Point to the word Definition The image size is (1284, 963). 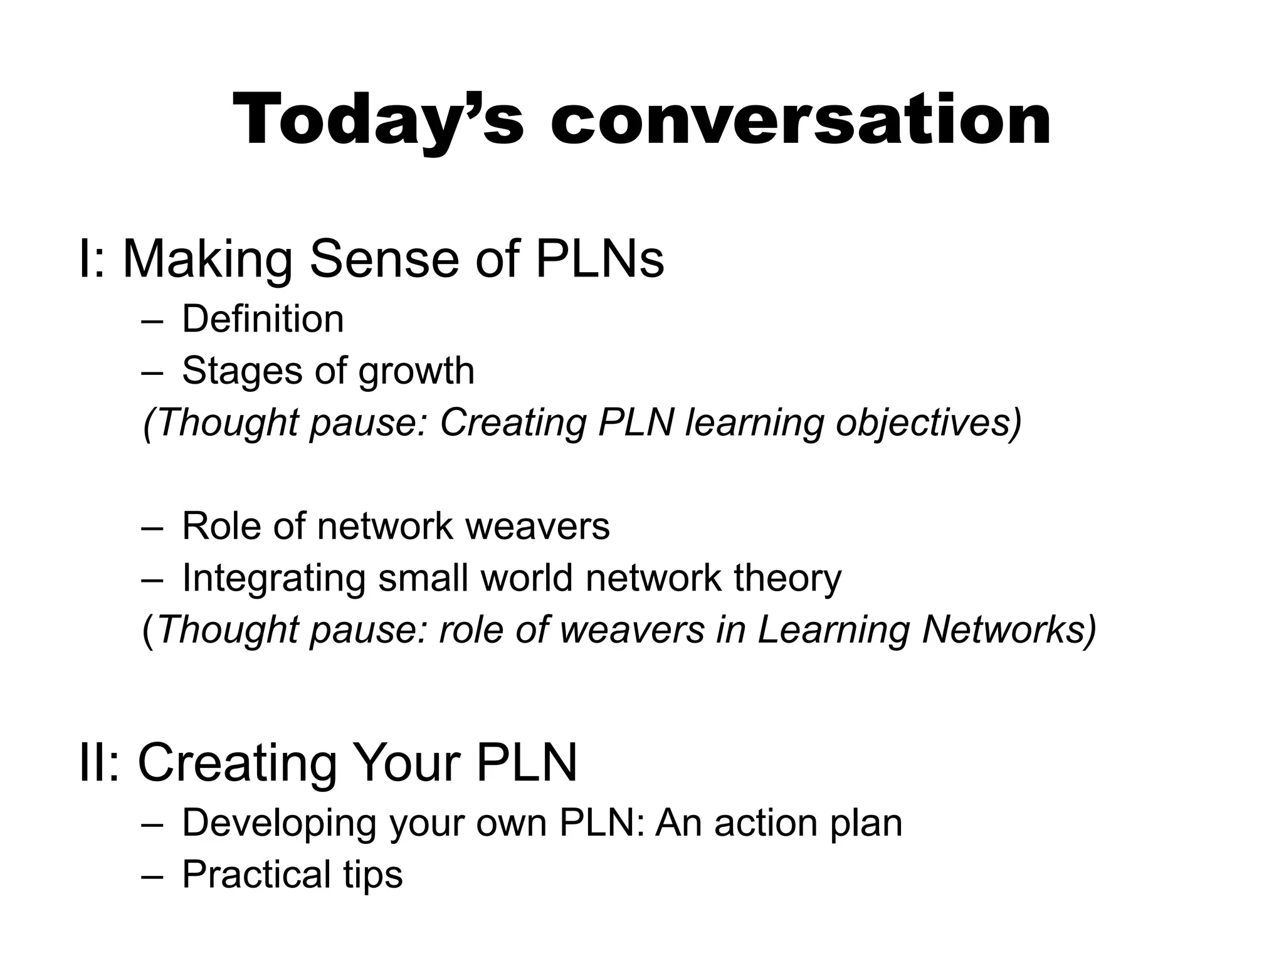click(x=263, y=319)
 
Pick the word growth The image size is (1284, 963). click(x=416, y=371)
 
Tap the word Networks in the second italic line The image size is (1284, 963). click(x=1009, y=629)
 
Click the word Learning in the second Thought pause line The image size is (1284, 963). click(x=833, y=629)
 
